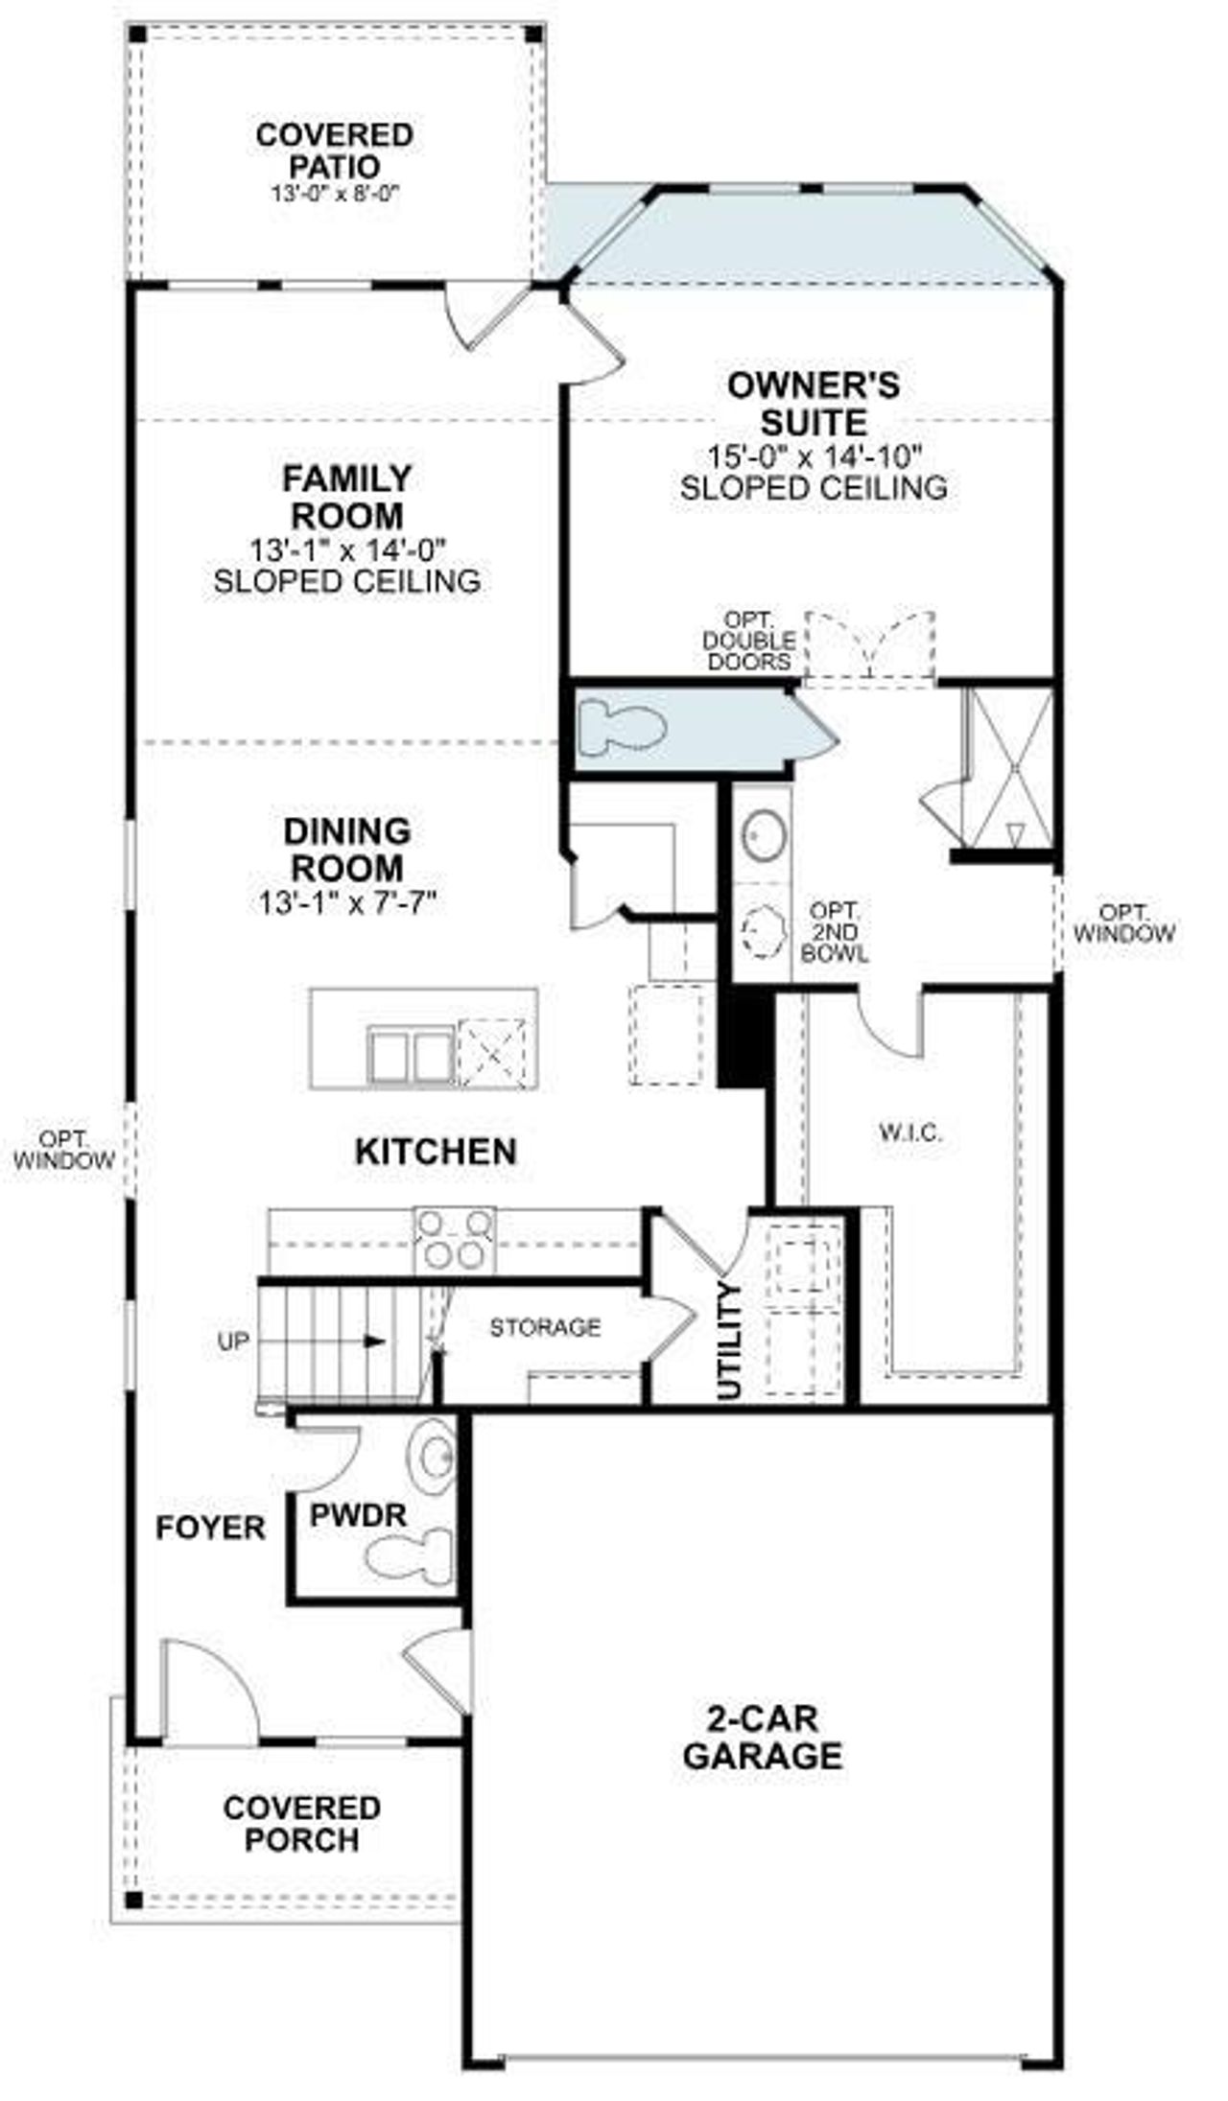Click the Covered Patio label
click(x=334, y=150)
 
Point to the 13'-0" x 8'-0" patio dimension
click(x=334, y=194)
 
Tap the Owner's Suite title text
click(x=814, y=403)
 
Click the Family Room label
click(x=346, y=496)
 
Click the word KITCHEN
click(x=436, y=1151)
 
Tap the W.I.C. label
click(x=909, y=1132)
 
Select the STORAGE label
click(x=545, y=1327)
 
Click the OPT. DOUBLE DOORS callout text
click(x=748, y=641)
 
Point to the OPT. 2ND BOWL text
click(x=834, y=931)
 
